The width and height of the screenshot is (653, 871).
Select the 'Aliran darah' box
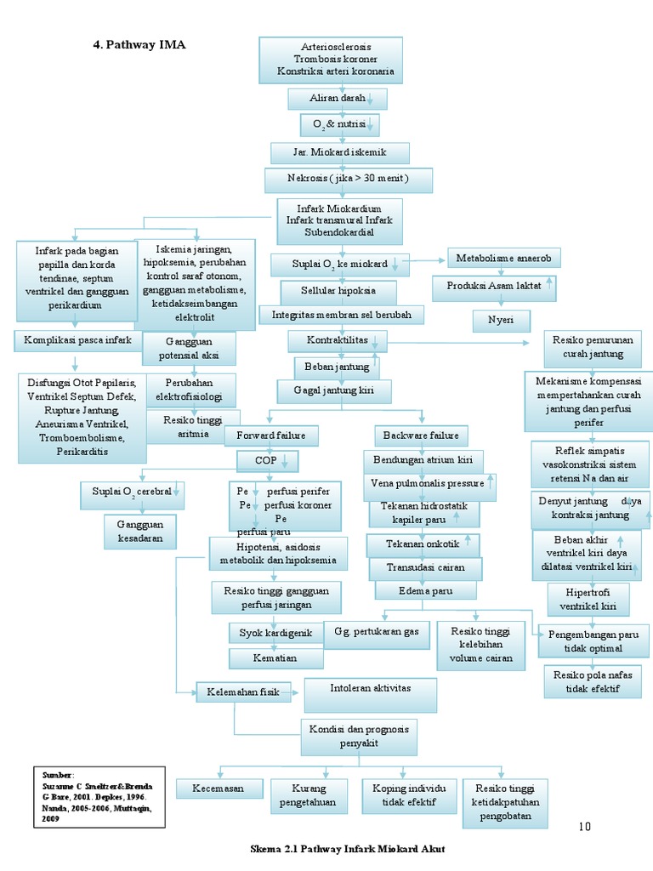338,100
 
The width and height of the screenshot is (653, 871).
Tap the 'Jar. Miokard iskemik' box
340,153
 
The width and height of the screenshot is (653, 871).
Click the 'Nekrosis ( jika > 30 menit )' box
348,180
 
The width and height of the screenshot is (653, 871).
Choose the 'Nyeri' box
502,321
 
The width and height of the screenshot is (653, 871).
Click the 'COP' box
267,461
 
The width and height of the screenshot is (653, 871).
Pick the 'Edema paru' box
426,590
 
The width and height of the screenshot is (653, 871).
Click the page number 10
583,826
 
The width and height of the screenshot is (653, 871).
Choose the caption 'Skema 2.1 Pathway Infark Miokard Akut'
347,849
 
